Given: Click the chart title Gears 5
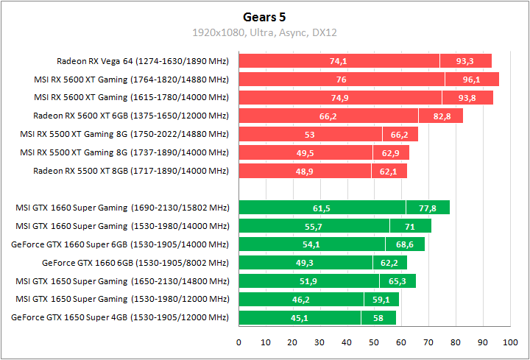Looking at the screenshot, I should tap(264, 16).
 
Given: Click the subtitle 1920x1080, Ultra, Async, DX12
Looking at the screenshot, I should tap(264, 32).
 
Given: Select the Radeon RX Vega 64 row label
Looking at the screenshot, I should tap(143, 61).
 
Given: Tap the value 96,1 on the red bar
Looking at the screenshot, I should tap(471, 80).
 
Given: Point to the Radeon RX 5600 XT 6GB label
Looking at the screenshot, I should tap(131, 116).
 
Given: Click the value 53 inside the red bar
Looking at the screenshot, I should tap(309, 135).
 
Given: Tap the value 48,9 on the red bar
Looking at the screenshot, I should tap(304, 172).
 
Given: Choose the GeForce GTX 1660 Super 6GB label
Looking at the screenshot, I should tap(121, 244).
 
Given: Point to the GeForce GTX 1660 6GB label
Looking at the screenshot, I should tap(135, 263).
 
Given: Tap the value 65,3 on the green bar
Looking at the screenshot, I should tap(397, 281).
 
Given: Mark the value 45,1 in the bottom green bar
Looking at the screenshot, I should tap(299, 318).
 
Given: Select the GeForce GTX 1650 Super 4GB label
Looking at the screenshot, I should tap(121, 318).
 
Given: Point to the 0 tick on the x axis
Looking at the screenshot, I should tap(239, 342).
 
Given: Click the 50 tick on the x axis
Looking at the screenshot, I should tap(374, 342).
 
